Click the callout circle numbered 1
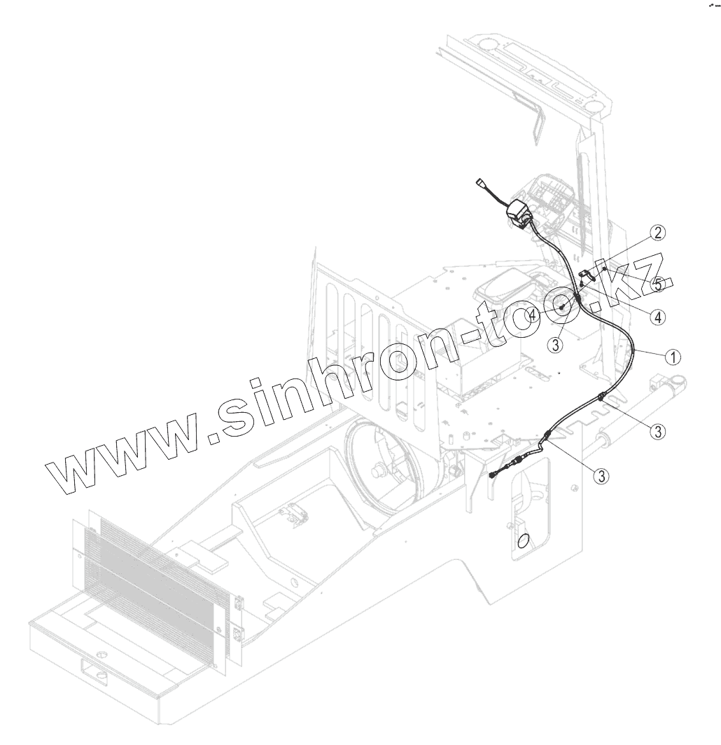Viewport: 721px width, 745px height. tap(671, 356)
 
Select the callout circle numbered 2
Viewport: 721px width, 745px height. tap(657, 232)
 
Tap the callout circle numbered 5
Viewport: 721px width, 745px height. tap(657, 285)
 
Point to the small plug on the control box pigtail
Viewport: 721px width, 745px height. tap(479, 185)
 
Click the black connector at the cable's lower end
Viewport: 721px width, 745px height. tap(495, 475)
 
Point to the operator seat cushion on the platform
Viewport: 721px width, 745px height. tap(500, 287)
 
